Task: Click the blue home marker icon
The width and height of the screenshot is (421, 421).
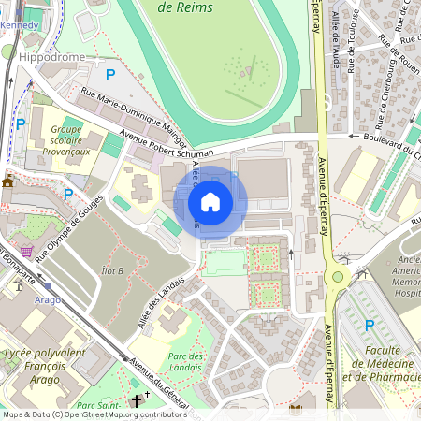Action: click(x=210, y=201)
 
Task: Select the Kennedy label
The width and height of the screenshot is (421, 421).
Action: click(x=24, y=24)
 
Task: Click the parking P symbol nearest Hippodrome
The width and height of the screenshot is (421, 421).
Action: click(x=110, y=74)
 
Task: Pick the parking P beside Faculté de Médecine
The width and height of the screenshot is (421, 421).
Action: click(x=369, y=325)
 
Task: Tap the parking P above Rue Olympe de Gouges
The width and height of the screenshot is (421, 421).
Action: click(x=67, y=194)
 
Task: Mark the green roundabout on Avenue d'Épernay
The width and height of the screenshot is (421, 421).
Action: click(x=337, y=277)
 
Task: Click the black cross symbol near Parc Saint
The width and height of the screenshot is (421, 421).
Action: click(x=137, y=400)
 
